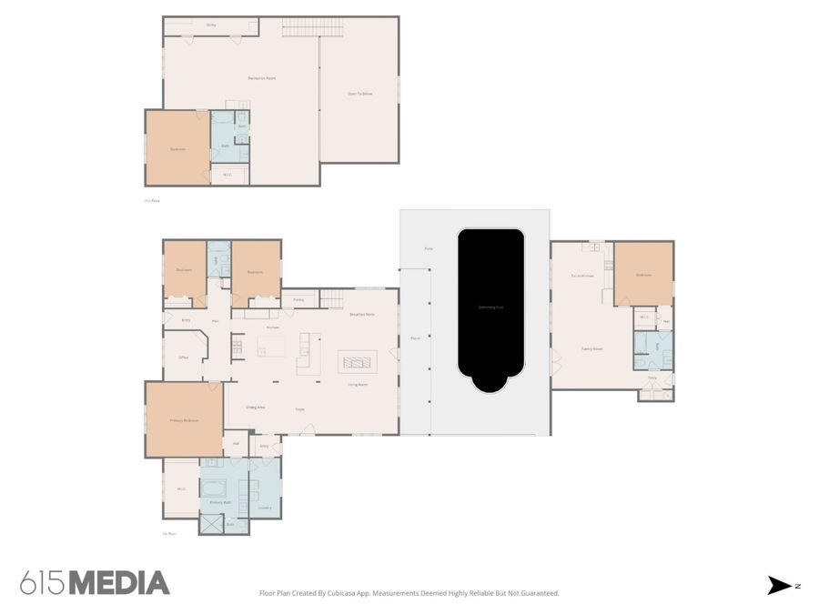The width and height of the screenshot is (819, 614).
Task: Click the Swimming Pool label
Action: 491,307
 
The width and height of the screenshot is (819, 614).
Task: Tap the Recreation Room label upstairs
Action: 262,78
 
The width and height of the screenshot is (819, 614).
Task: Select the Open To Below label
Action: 360,94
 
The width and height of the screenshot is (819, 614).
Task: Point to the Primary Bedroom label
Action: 184,420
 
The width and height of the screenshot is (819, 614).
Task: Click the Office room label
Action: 183,357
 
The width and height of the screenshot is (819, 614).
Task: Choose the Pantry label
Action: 298,298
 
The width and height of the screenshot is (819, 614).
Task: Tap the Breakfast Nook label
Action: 362,314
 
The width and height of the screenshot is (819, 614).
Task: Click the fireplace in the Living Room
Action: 356,361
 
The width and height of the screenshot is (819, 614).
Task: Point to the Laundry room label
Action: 264,508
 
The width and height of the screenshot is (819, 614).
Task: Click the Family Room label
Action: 593,348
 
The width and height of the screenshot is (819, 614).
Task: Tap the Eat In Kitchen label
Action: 582,275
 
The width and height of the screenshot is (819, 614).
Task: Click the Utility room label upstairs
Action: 210,25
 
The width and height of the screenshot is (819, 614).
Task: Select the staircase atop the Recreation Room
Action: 314,30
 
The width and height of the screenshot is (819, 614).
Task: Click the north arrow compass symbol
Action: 781,586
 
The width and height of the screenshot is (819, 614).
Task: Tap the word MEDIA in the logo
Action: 119,583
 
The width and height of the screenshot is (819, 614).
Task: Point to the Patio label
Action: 429,248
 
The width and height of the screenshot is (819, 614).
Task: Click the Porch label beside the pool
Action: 415,337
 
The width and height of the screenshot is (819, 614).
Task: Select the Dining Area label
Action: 255,407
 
